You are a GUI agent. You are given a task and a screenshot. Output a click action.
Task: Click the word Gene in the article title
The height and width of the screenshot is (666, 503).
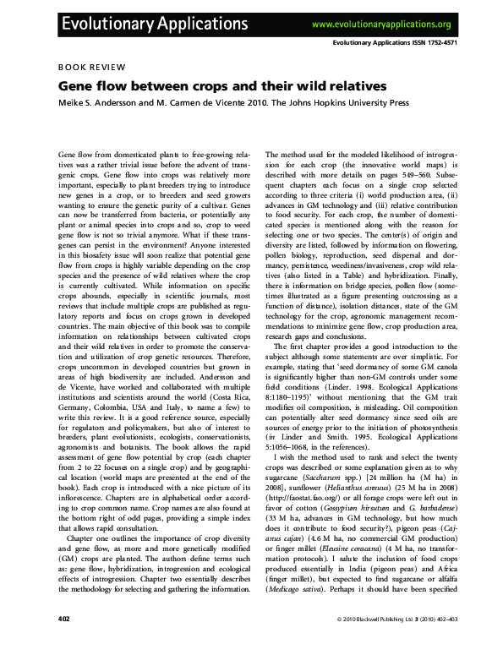[75, 85]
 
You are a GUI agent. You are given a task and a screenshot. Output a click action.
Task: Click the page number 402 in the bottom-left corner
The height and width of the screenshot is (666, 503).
[64, 643]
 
